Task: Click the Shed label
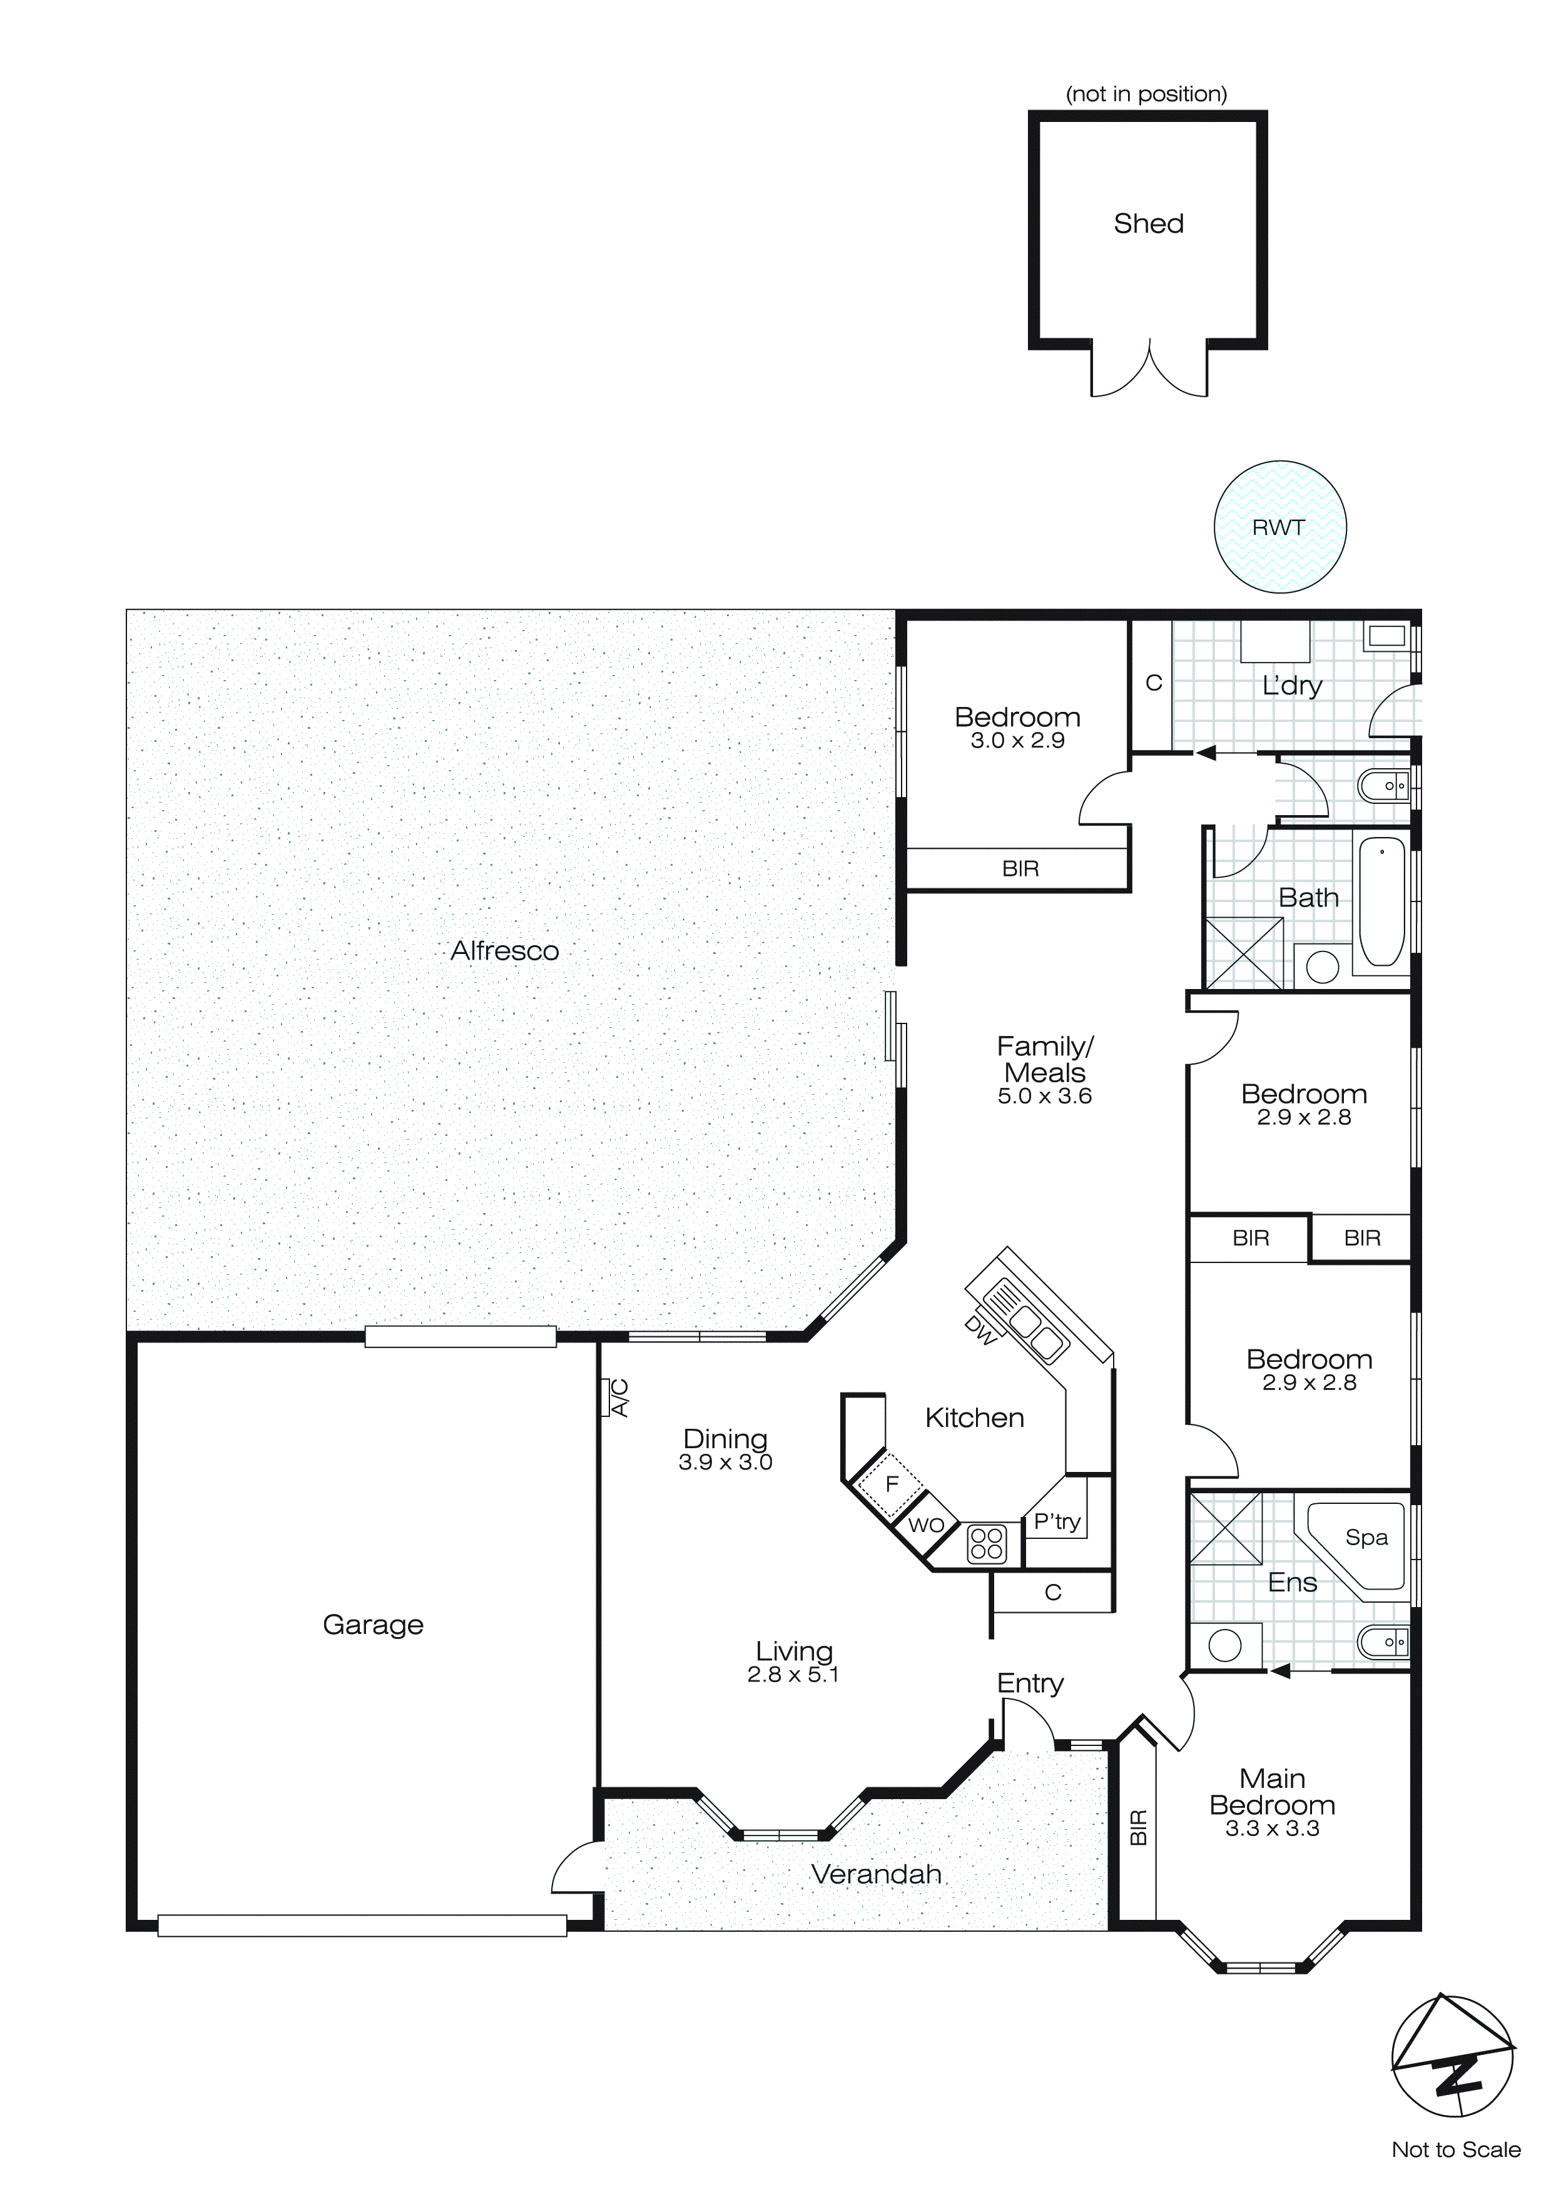1148,223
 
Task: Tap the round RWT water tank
1279,527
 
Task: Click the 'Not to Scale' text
1455,2149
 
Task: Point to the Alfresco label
504,951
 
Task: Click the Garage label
372,1624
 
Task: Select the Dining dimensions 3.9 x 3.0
725,1463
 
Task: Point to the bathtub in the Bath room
1380,901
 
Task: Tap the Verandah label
876,1874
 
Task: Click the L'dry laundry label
1291,686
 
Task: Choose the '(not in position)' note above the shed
1146,94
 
